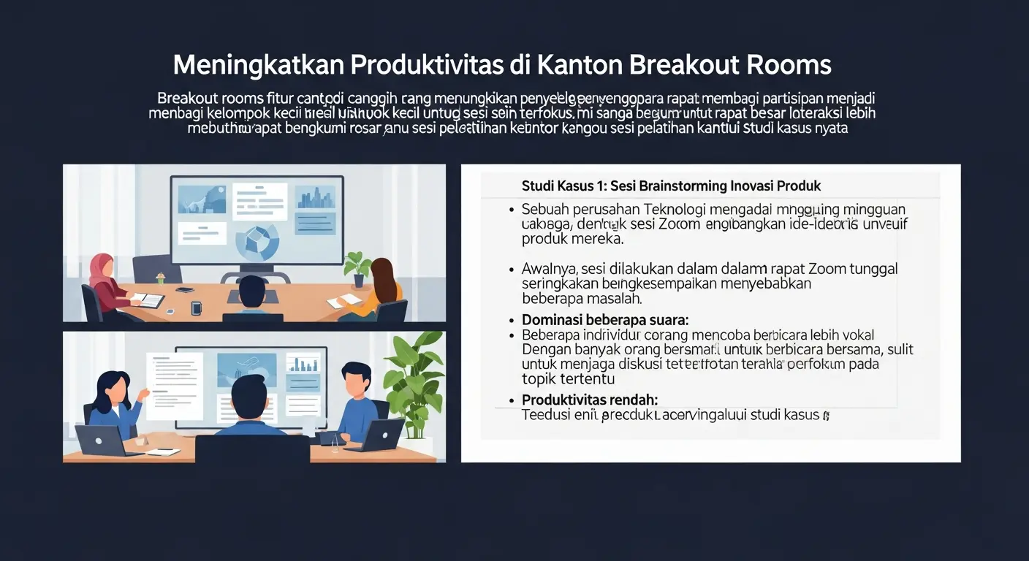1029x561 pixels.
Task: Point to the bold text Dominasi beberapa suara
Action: click(605, 320)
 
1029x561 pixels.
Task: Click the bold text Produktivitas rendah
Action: click(589, 400)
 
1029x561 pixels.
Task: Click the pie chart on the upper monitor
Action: click(259, 241)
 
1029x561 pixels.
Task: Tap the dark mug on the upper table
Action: click(196, 308)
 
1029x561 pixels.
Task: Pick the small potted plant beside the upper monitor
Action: click(357, 267)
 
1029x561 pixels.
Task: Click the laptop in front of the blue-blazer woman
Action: click(100, 440)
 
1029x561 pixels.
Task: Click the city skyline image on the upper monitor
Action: click(316, 197)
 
